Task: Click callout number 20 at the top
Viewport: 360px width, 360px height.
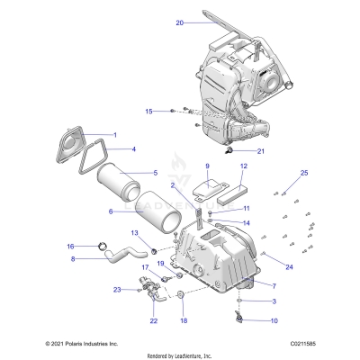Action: pos(179,22)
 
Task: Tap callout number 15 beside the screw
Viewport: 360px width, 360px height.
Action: pos(150,111)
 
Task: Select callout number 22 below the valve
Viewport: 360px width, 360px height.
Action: pos(153,319)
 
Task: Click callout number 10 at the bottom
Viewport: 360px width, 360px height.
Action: pos(249,319)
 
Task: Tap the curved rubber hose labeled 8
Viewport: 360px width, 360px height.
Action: pos(117,261)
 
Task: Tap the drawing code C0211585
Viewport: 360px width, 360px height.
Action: pos(304,344)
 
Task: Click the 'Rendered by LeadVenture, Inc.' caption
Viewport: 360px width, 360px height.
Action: pos(180,355)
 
